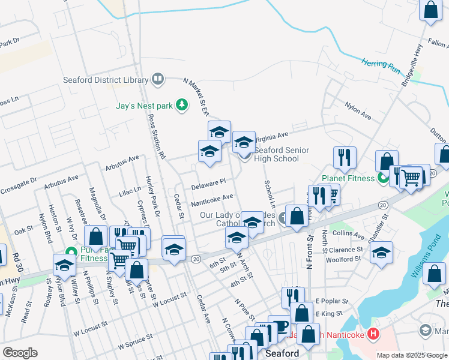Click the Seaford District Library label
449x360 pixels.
[x=106, y=80]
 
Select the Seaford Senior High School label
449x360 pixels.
[x=282, y=154]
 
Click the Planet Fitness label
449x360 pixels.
[x=348, y=178]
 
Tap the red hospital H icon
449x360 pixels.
[x=372, y=334]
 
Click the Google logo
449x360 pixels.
[x=20, y=353]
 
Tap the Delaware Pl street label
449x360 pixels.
[x=208, y=184]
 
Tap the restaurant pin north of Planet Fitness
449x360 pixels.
[x=345, y=157]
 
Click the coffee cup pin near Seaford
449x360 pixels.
[x=279, y=326]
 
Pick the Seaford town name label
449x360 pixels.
[x=282, y=354]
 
